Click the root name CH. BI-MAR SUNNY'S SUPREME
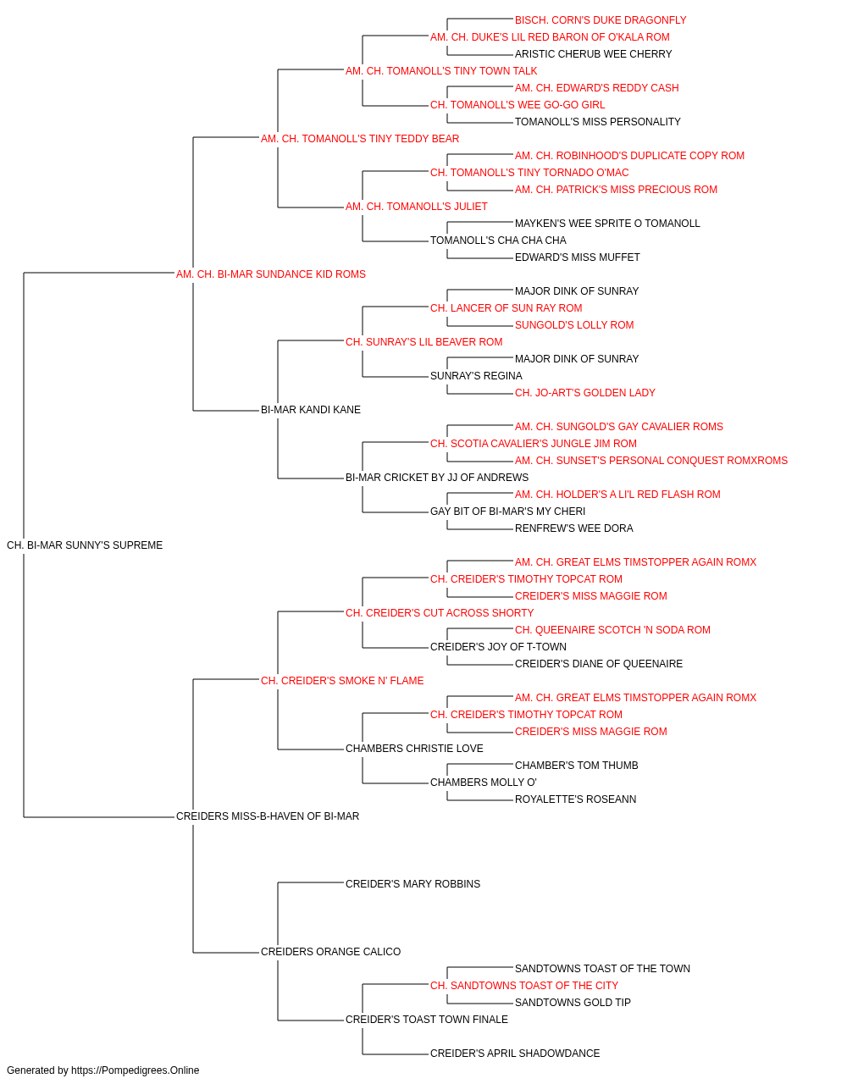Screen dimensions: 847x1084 click(x=85, y=545)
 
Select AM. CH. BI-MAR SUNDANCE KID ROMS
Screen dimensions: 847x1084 click(x=271, y=274)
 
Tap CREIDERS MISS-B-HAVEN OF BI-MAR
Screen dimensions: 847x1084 click(x=268, y=816)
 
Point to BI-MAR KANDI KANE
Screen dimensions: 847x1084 click(x=310, y=410)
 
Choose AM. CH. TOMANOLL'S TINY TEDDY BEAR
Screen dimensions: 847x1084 click(x=360, y=139)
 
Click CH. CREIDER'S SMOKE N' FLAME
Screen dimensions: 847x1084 click(x=342, y=681)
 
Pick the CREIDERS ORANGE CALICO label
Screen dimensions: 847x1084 click(x=330, y=952)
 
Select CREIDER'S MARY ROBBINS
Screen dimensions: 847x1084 click(x=413, y=884)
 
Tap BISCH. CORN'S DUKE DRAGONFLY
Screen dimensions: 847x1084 click(x=601, y=20)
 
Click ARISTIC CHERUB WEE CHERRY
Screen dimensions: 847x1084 click(x=593, y=54)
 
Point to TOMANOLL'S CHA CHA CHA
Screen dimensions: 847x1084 click(x=498, y=241)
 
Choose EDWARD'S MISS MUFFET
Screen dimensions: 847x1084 click(x=577, y=257)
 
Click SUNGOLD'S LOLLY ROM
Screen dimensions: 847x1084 click(x=574, y=325)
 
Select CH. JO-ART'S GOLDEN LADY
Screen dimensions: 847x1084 click(x=585, y=393)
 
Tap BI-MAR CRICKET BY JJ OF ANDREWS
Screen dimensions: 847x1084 click(x=437, y=478)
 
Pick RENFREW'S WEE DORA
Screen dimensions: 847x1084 click(x=573, y=528)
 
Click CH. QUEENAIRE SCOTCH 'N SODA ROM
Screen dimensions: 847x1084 click(x=612, y=630)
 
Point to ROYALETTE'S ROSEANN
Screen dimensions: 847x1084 click(x=575, y=799)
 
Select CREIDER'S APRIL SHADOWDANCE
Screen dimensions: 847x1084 click(x=515, y=1054)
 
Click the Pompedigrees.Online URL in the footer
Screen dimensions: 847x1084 click(x=135, y=1070)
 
